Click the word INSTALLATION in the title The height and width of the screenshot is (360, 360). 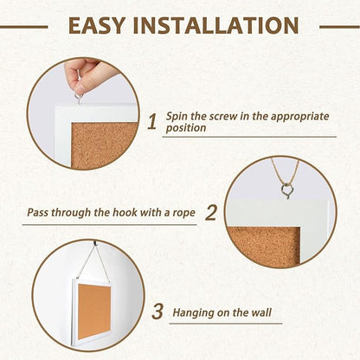click(x=216, y=26)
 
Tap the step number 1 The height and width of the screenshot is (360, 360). click(x=151, y=121)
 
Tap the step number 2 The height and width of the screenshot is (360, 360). click(x=210, y=210)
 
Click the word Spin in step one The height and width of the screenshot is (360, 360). click(x=180, y=114)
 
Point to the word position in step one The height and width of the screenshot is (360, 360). click(x=190, y=128)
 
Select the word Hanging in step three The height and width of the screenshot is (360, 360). click(x=193, y=311)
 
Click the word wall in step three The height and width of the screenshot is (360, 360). click(x=266, y=311)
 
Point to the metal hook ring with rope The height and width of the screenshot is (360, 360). click(x=285, y=192)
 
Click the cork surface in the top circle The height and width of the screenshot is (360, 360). click(x=106, y=138)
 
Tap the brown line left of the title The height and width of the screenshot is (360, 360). click(x=23, y=26)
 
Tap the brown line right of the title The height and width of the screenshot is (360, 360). click(x=338, y=26)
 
